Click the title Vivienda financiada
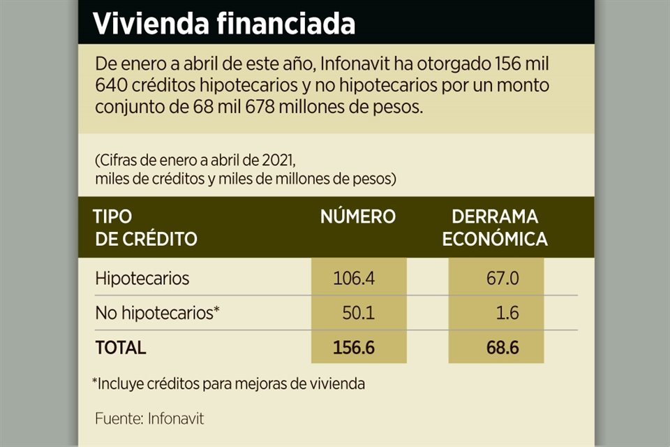point(224,23)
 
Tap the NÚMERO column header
point(357,217)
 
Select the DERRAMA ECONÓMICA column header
point(495,228)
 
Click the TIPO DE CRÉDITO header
point(146,228)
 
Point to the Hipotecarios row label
point(142,278)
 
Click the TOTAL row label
point(121,348)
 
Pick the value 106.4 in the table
point(355,279)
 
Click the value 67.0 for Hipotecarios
point(502,279)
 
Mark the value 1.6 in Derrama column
point(507,313)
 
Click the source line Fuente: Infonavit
point(149,419)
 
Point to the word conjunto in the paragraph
point(128,108)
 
